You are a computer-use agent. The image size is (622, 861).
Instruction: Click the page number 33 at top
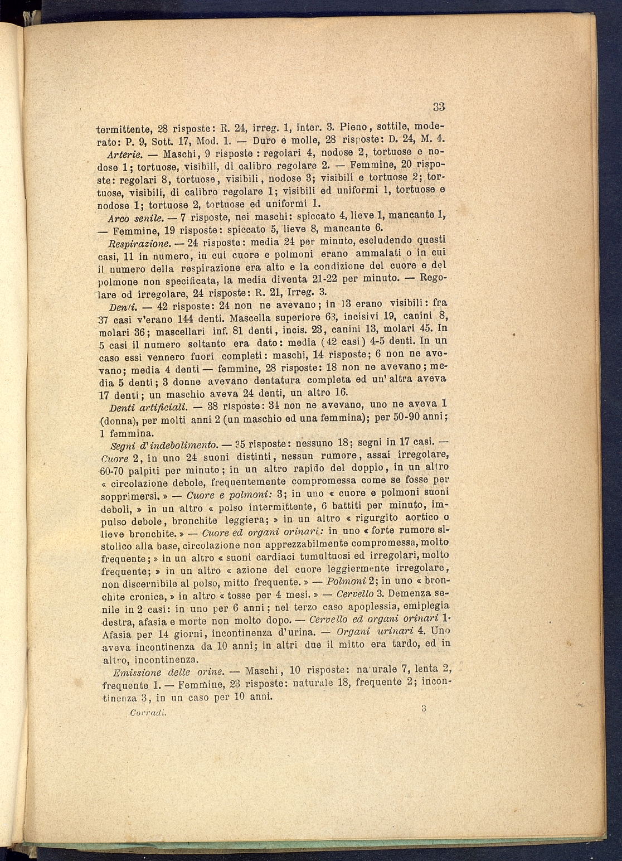(438, 106)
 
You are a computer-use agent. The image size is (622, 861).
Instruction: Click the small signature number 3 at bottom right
(424, 709)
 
